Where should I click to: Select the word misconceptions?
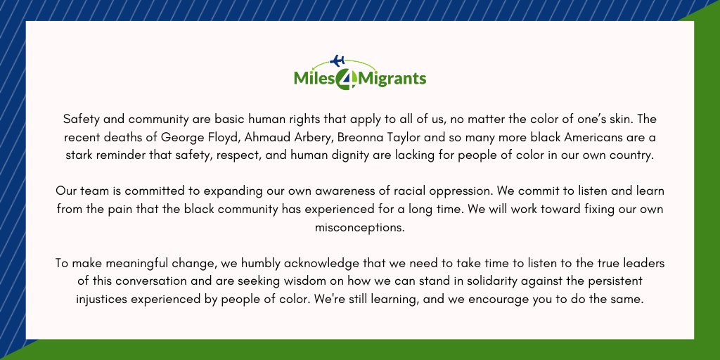point(359,228)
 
